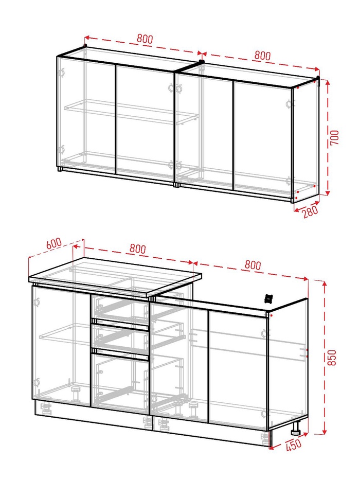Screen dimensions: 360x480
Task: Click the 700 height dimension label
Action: coord(335,137)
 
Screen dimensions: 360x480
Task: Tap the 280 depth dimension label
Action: coord(311,211)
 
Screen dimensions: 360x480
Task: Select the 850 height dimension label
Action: coord(332,357)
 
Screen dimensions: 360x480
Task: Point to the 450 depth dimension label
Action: coord(294,445)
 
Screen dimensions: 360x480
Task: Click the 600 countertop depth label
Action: coord(54,243)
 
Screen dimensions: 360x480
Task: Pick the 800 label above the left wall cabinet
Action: coord(145,39)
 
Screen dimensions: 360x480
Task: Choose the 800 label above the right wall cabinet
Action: coord(262,56)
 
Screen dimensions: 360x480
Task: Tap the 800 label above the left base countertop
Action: coord(137,248)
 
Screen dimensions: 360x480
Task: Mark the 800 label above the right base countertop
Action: coord(253,265)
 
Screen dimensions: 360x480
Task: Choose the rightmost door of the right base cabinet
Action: coord(239,370)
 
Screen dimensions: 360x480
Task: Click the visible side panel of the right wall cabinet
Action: coord(305,140)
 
